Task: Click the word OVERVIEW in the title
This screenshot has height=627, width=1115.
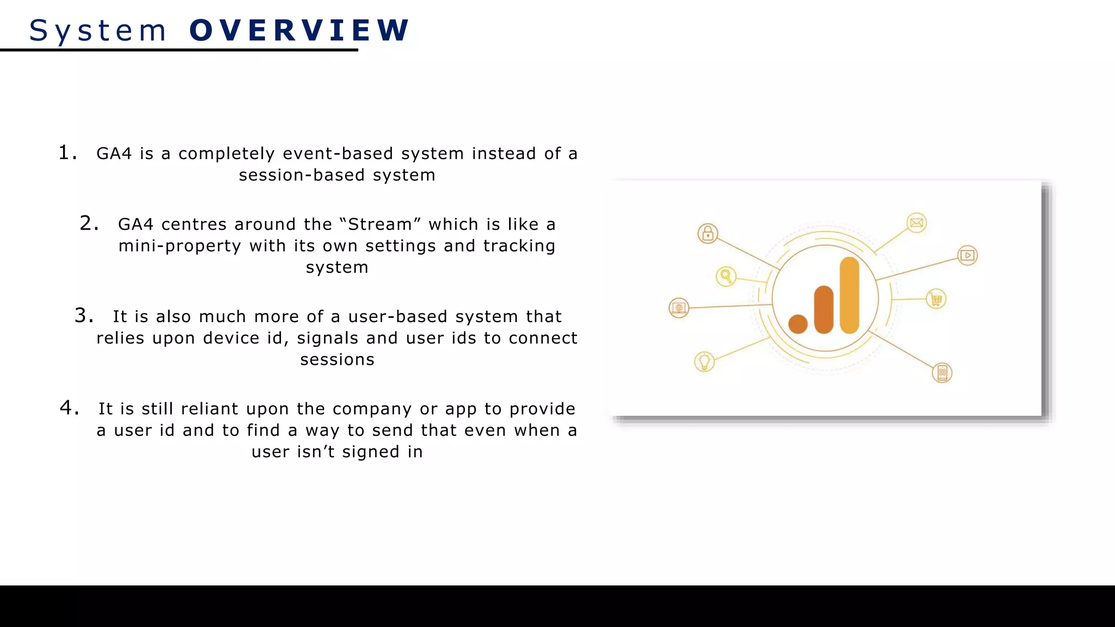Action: (x=299, y=30)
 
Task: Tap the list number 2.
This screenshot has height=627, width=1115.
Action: (x=88, y=223)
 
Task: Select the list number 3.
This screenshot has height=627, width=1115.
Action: (x=83, y=316)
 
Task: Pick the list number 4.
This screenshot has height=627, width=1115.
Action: (x=69, y=408)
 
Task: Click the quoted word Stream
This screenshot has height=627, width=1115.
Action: (x=380, y=224)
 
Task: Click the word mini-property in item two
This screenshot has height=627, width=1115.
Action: (x=180, y=246)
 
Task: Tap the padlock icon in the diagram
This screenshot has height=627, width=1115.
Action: (x=708, y=233)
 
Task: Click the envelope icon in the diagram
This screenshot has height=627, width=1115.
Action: (x=917, y=223)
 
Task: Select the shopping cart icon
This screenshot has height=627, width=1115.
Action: (x=936, y=299)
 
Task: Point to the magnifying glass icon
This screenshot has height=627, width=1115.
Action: (x=726, y=276)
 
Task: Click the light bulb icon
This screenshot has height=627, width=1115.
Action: (x=704, y=361)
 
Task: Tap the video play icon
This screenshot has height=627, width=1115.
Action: (x=967, y=255)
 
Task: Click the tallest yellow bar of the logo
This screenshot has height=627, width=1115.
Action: (x=849, y=295)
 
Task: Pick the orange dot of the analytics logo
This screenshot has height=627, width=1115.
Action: (x=798, y=324)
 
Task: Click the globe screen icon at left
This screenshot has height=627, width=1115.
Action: (x=679, y=308)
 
